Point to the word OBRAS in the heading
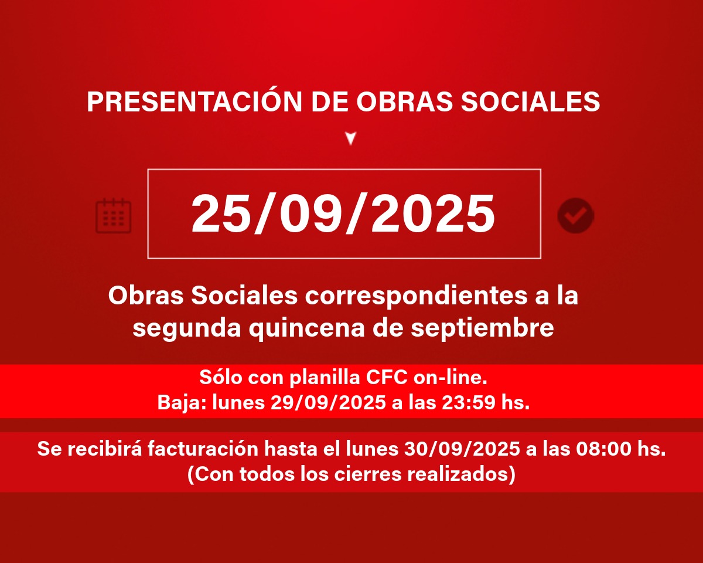pos(404,101)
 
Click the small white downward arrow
pos(351,138)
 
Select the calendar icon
pos(113,216)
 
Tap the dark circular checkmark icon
pos(576,216)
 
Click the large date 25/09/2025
pos(343,213)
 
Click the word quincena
pos(307,329)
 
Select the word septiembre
pos(483,329)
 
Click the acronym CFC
pos(387,378)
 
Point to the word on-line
pos(451,378)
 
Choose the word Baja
pos(182,403)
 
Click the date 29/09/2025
pos(328,403)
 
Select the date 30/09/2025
pos(462,449)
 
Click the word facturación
pos(203,449)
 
